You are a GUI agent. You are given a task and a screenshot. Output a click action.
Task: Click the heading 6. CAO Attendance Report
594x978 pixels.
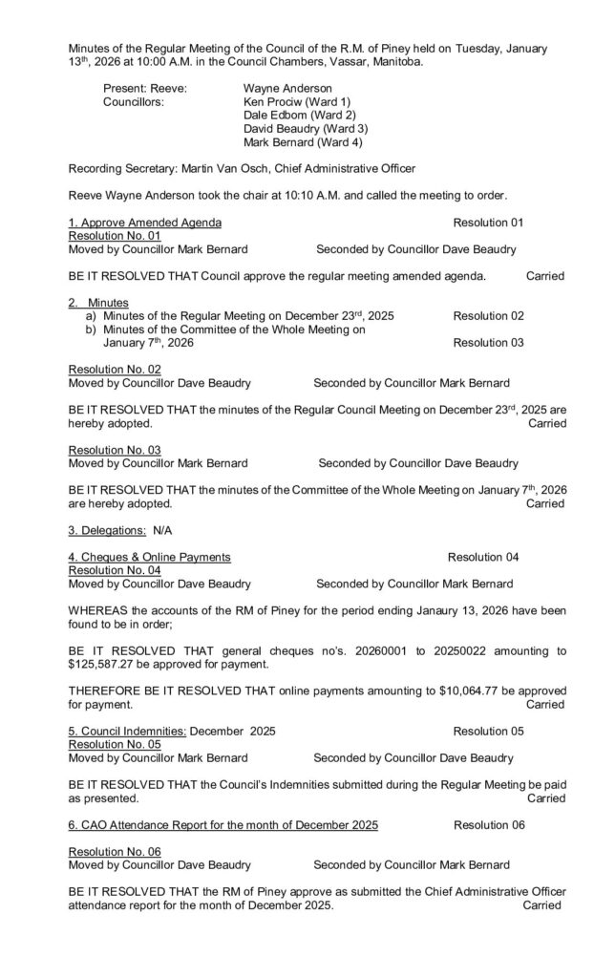tap(223, 824)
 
